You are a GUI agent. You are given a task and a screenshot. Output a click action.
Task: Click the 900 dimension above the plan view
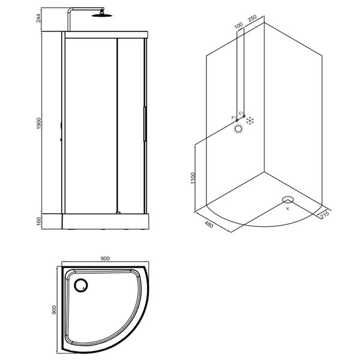click(x=104, y=259)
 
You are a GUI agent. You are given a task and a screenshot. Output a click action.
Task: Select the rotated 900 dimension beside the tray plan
click(x=55, y=310)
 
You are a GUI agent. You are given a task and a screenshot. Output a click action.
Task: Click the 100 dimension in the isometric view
click(x=239, y=28)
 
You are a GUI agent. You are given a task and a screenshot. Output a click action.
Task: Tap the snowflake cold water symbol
click(x=252, y=119)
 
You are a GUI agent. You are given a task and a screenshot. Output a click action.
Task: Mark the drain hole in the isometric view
click(x=287, y=200)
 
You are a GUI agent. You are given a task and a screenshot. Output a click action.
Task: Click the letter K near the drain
click(x=287, y=208)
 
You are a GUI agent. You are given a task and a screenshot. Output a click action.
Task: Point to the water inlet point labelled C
click(x=244, y=113)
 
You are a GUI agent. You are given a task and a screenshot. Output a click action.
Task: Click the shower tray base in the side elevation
click(x=105, y=221)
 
